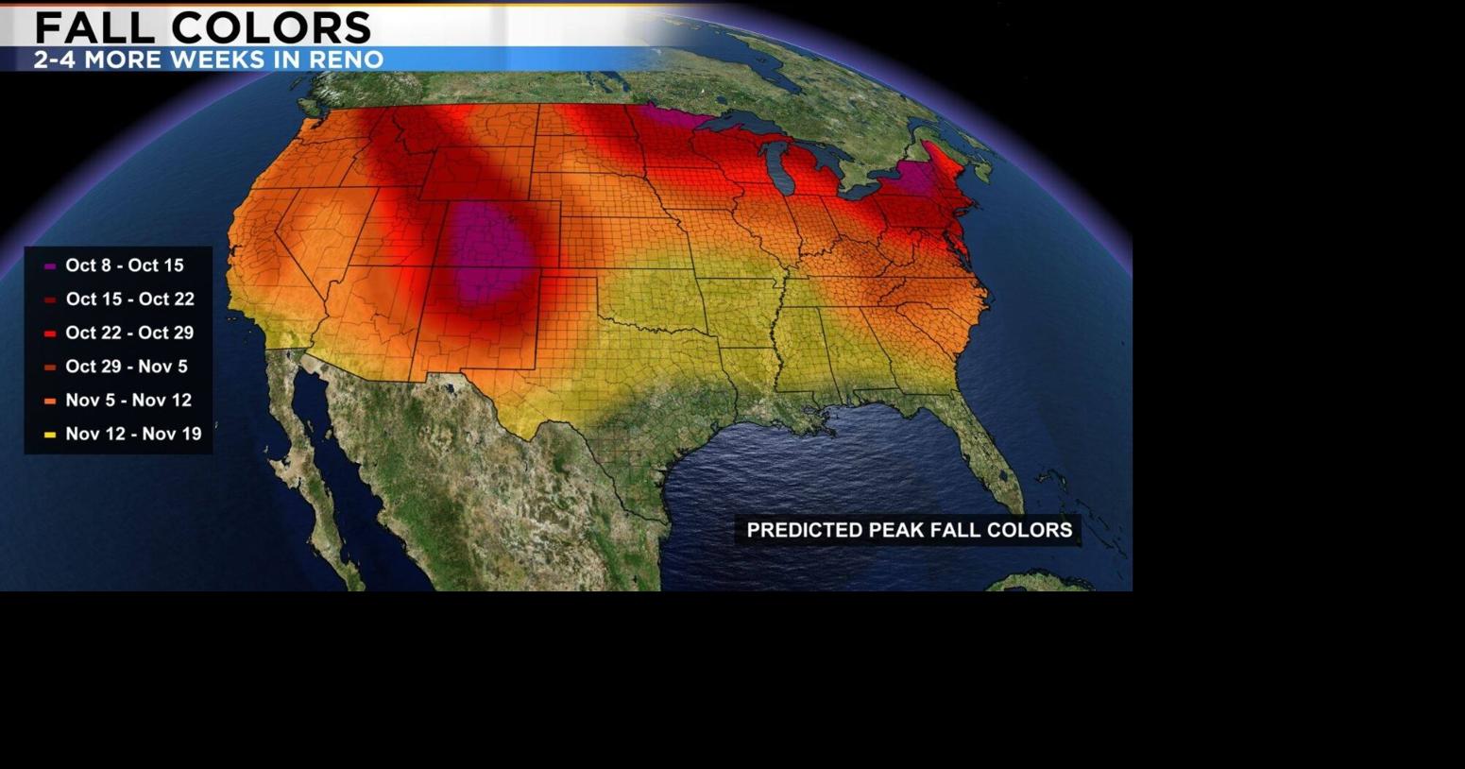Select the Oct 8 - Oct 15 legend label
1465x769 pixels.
tap(125, 265)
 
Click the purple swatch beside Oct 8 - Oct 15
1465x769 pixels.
tap(50, 266)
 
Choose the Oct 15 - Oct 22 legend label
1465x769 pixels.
tap(129, 299)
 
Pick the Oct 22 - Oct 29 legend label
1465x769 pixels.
tap(129, 333)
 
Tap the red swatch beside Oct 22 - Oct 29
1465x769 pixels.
tap(50, 333)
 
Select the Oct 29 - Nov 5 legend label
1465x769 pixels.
tap(127, 367)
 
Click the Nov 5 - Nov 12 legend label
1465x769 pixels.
tap(128, 401)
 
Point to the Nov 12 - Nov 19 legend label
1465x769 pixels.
tap(133, 434)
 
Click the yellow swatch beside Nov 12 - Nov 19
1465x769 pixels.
tap(50, 435)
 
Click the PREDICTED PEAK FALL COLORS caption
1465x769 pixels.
tap(909, 530)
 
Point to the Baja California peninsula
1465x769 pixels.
tap(302, 444)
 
